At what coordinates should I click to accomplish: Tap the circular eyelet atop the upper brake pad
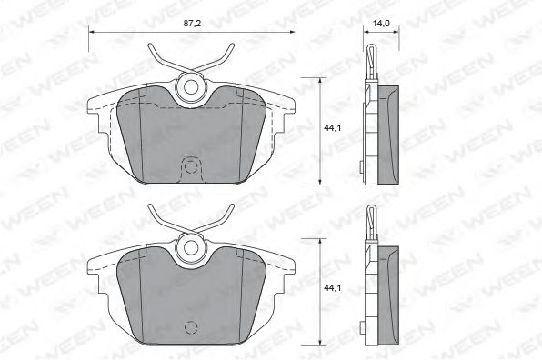point(191,86)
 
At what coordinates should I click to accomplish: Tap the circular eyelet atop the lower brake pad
point(191,245)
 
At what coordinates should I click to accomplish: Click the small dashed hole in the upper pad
point(191,166)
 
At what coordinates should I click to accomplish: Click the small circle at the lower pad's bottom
point(191,327)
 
